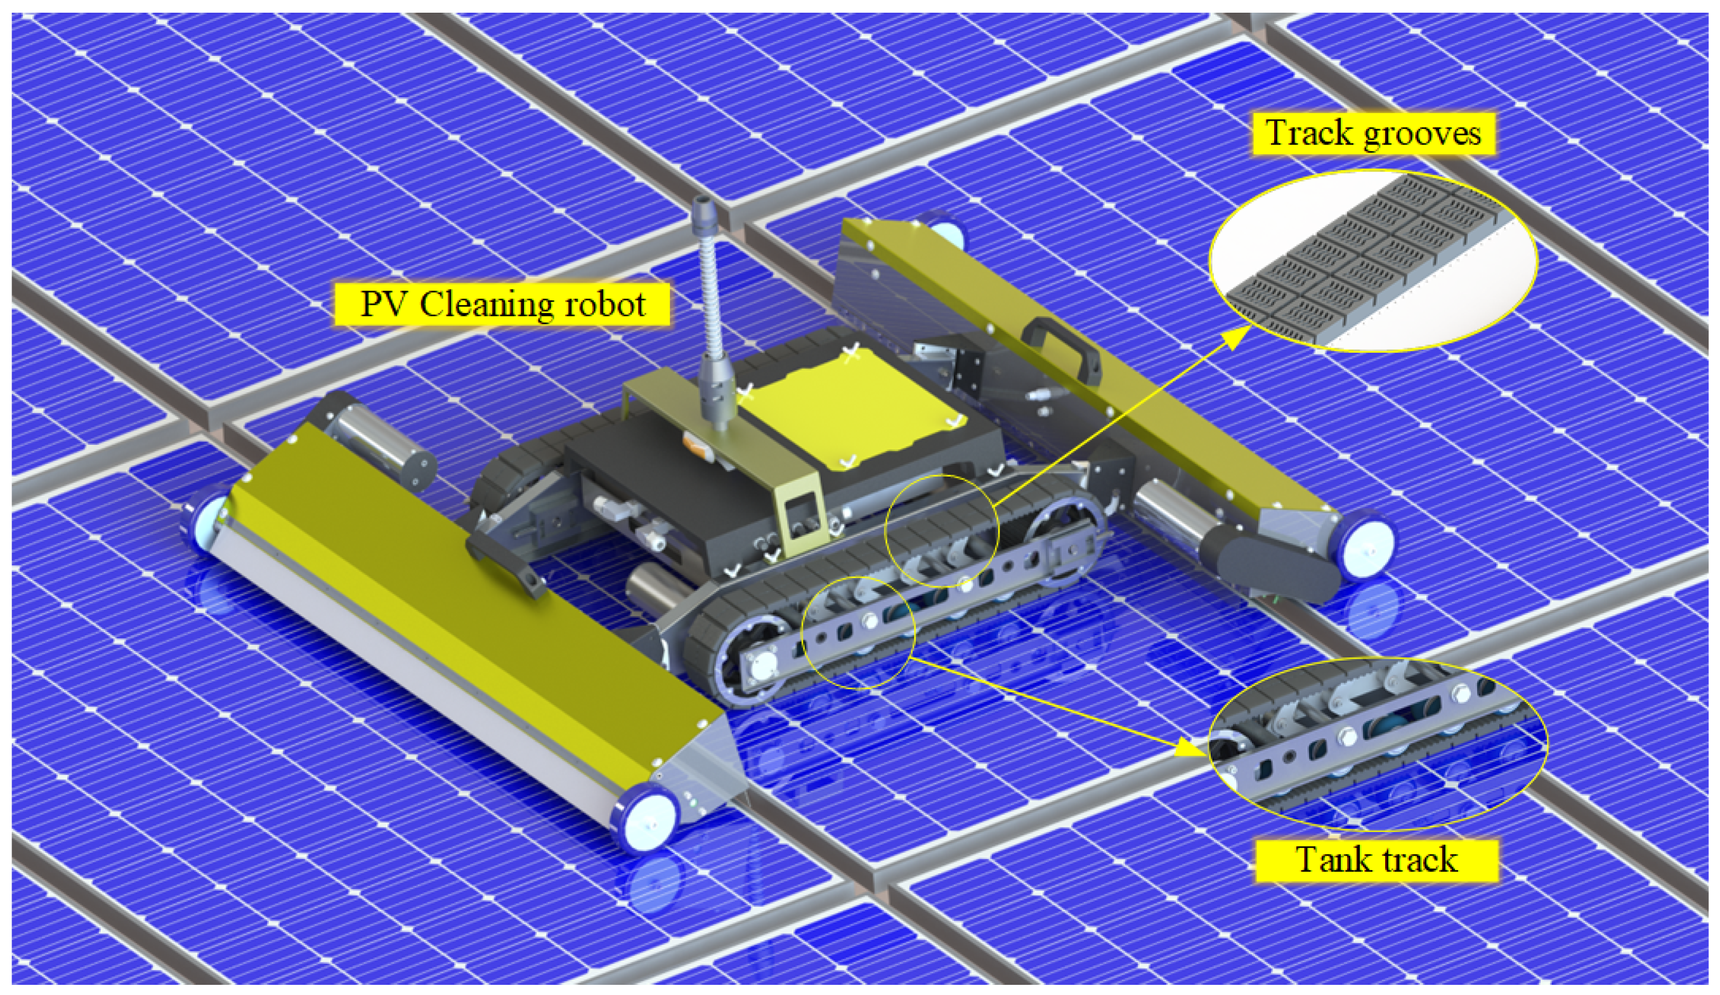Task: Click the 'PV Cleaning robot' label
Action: pyautogui.click(x=502, y=303)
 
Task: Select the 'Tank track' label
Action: pyautogui.click(x=1376, y=859)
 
